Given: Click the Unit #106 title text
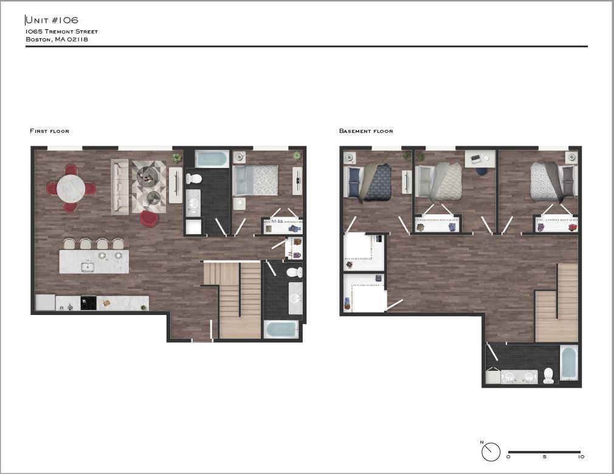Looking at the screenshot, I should click(52, 21).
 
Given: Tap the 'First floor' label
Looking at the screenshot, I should click(49, 131).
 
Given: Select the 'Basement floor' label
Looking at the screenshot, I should click(366, 131).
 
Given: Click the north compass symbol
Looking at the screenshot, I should click(491, 452).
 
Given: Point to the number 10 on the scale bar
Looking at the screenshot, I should click(581, 457).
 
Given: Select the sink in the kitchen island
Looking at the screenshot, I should click(88, 267).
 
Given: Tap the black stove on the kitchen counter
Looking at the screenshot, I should click(88, 303).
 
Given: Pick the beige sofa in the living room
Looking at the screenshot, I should click(120, 186).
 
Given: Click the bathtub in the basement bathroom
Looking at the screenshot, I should click(569, 362).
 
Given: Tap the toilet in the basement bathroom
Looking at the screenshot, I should click(548, 376).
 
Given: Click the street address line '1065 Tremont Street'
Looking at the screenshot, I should click(61, 32).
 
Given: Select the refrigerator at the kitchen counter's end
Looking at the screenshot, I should click(45, 302).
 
